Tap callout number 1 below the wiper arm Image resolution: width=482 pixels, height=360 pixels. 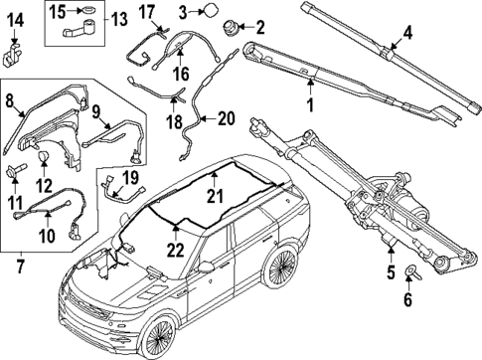[309, 103]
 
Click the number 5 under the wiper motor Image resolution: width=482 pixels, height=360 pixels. [389, 268]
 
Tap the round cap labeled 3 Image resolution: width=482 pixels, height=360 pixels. [211, 12]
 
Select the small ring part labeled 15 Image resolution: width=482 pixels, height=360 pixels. [89, 12]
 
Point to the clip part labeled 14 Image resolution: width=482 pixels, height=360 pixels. [13, 50]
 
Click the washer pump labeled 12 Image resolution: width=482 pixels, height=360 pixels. [43, 158]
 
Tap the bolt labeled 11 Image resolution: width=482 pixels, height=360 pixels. [13, 175]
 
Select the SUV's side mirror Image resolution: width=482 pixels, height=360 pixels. [207, 266]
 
